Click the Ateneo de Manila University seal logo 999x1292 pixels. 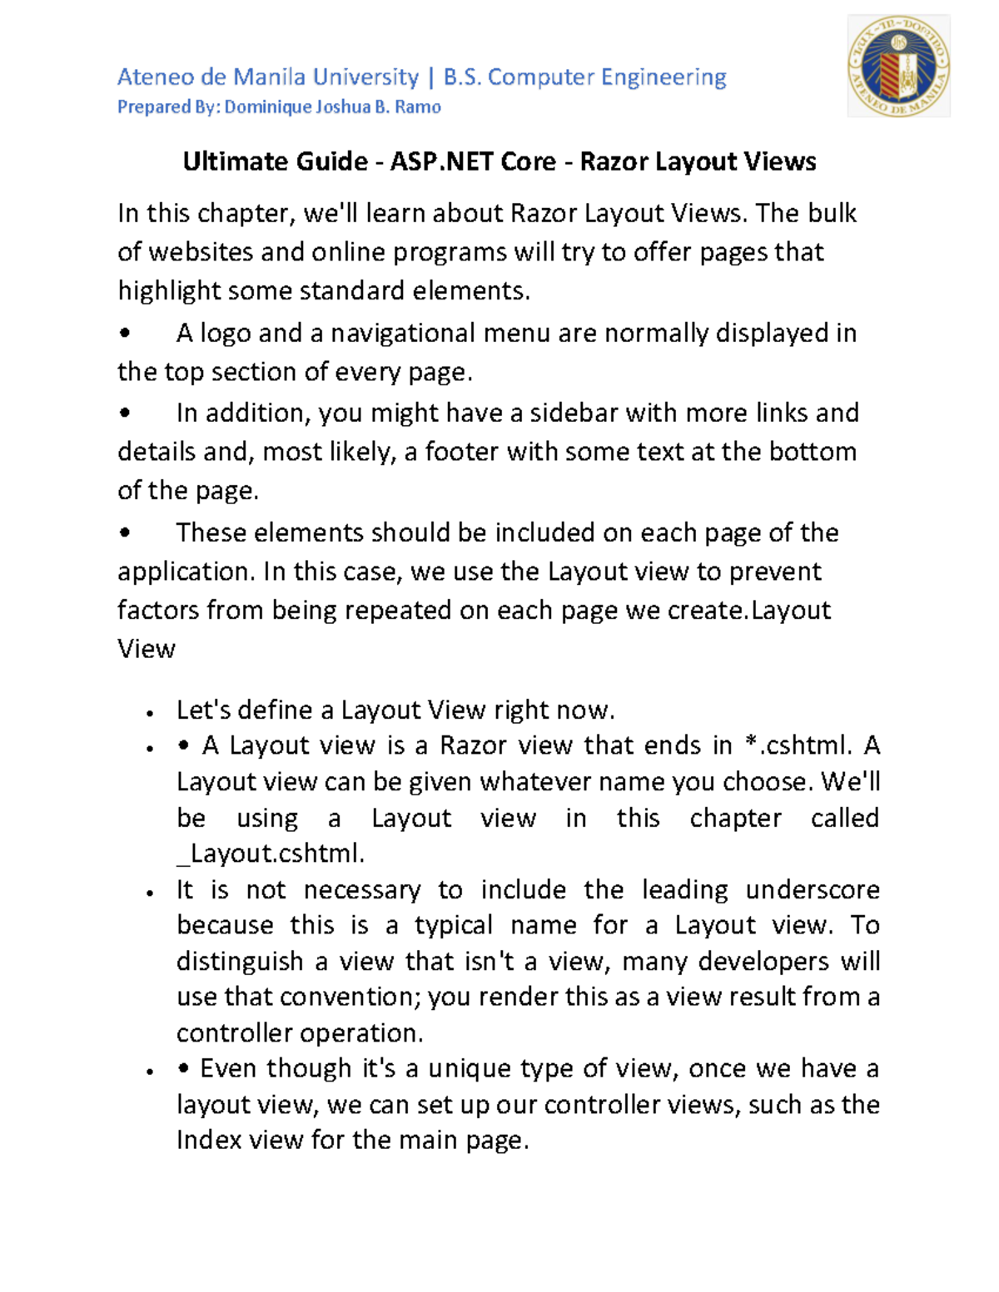click(x=898, y=66)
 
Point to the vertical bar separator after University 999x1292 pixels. click(x=430, y=77)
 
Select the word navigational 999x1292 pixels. click(x=403, y=333)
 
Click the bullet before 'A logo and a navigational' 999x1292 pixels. click(x=125, y=334)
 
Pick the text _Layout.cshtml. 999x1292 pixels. click(x=271, y=854)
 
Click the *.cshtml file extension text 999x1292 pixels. click(x=797, y=745)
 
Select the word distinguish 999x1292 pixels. click(x=240, y=962)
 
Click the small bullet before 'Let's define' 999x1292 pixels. click(x=150, y=713)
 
